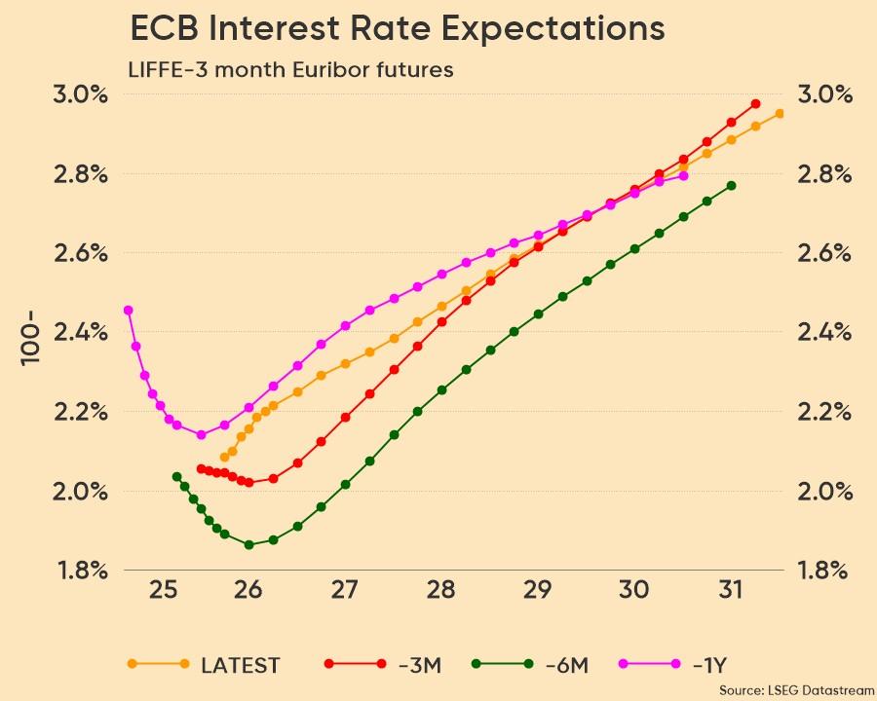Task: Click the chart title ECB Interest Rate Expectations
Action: click(x=398, y=29)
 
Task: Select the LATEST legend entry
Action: click(x=240, y=665)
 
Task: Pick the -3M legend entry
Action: click(x=420, y=665)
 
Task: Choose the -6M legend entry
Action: click(x=566, y=665)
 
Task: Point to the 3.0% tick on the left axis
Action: click(x=80, y=94)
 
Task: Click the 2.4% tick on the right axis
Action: click(x=824, y=332)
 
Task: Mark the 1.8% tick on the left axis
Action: click(x=80, y=571)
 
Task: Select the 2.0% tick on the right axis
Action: click(x=824, y=491)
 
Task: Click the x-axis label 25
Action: click(x=164, y=590)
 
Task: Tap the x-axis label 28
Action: click(x=441, y=590)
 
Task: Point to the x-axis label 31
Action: click(x=732, y=590)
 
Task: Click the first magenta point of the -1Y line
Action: click(x=128, y=311)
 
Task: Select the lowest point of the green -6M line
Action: click(x=248, y=545)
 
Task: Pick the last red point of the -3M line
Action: click(x=755, y=104)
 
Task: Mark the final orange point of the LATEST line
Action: click(x=780, y=114)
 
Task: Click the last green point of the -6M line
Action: click(x=731, y=185)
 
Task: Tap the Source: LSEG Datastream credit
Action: click(x=796, y=689)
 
